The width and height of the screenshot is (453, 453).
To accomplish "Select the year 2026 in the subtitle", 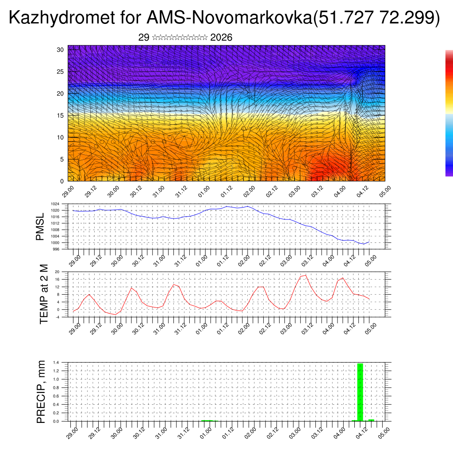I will tap(222, 38).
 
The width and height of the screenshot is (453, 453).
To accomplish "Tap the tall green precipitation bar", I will tap(360, 392).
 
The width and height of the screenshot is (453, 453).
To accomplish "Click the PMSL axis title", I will tap(40, 227).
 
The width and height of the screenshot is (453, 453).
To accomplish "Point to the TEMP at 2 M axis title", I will tap(43, 294).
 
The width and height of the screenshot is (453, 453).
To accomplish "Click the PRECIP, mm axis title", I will tap(41, 392).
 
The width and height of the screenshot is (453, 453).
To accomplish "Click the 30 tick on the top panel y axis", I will tap(61, 50).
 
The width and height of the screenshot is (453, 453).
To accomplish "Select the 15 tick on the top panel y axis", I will tap(61, 115).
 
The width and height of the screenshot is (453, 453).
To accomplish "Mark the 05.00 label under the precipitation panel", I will tap(384, 432).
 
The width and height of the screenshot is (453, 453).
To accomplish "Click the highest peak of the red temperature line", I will tap(305, 275).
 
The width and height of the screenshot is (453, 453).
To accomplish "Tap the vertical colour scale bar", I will tap(449, 113).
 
